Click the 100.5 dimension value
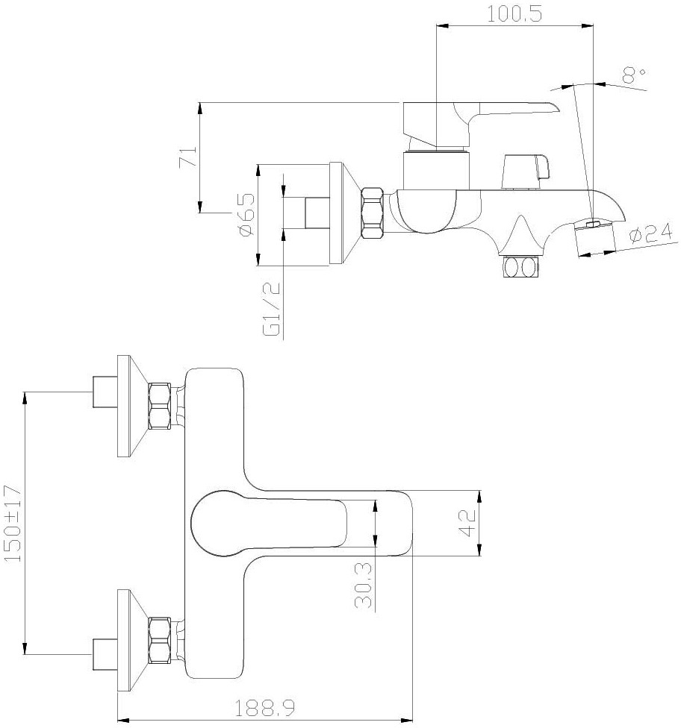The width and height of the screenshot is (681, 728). (x=514, y=14)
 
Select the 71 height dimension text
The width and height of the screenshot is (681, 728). (x=189, y=157)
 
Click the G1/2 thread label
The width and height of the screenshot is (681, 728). (x=273, y=309)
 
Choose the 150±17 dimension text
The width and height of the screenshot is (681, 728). (x=13, y=524)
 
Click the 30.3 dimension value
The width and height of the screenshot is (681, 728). (x=364, y=586)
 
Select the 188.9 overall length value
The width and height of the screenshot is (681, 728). (x=264, y=708)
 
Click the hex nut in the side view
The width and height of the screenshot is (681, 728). (x=373, y=213)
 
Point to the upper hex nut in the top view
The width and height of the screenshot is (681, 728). (x=160, y=405)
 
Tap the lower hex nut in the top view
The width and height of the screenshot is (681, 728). (x=160, y=640)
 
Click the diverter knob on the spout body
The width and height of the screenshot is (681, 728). (x=526, y=172)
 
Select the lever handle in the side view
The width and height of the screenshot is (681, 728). (x=481, y=125)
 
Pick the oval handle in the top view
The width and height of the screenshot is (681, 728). (x=269, y=523)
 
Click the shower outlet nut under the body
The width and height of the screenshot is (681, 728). (x=520, y=267)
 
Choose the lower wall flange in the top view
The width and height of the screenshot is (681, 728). (x=133, y=640)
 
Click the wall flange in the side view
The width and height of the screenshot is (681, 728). (x=344, y=213)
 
